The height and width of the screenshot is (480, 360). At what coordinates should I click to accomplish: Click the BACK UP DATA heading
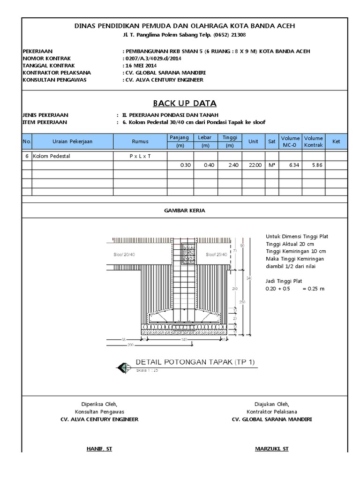point(185,104)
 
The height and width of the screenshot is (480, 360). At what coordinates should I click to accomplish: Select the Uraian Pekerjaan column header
point(72,141)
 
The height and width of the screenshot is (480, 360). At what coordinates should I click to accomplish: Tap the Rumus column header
point(140,141)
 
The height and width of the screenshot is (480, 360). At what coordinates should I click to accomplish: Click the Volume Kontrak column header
point(314,142)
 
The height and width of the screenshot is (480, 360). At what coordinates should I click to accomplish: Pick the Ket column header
point(336,141)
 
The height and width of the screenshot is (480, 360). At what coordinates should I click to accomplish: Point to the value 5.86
point(314,165)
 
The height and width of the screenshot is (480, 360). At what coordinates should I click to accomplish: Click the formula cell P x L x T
point(140,156)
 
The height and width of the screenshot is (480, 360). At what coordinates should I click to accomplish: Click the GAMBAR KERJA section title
point(184,211)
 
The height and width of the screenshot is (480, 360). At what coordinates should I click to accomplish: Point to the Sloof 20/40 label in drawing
point(124,255)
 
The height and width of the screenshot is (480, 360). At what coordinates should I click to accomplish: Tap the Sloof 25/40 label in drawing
point(217,255)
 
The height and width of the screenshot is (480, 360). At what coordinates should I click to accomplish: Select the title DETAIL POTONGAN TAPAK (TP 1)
point(195,362)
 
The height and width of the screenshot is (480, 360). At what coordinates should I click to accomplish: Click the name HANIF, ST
point(99,449)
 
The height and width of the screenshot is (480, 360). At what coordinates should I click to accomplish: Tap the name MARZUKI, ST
point(271,449)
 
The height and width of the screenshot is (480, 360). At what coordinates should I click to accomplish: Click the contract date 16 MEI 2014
point(141,66)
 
